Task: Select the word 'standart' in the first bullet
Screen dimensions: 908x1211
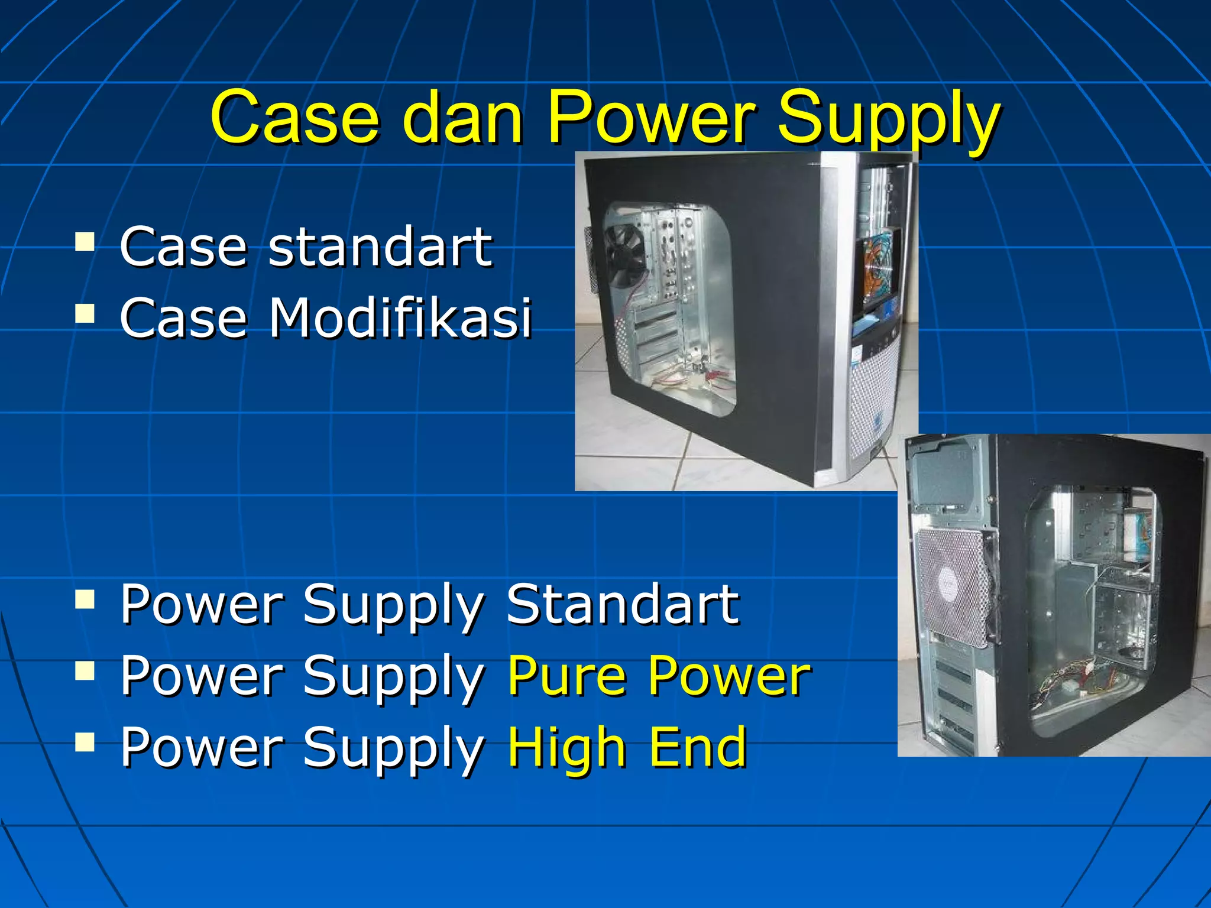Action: click(380, 247)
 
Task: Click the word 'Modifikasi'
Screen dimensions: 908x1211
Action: click(400, 317)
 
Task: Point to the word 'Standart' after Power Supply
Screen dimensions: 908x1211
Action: click(622, 604)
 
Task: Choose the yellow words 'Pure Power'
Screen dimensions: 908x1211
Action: click(659, 675)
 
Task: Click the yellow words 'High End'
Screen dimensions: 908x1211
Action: click(627, 747)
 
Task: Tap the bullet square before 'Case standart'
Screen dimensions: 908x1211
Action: click(85, 241)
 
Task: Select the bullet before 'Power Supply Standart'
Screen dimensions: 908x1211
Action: click(85, 599)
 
